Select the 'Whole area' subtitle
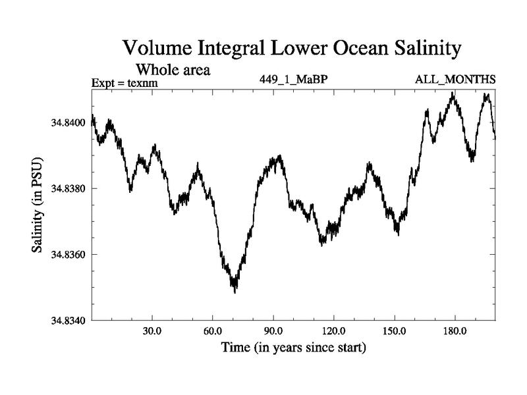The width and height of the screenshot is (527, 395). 173,69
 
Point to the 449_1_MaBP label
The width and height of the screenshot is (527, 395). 293,80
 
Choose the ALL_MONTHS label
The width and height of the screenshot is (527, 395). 455,80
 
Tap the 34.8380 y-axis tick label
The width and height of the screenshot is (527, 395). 67,189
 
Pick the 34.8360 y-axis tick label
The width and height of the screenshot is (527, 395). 67,255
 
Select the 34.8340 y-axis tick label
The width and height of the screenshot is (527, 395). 67,321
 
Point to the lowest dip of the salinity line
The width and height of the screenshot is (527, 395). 235,291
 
